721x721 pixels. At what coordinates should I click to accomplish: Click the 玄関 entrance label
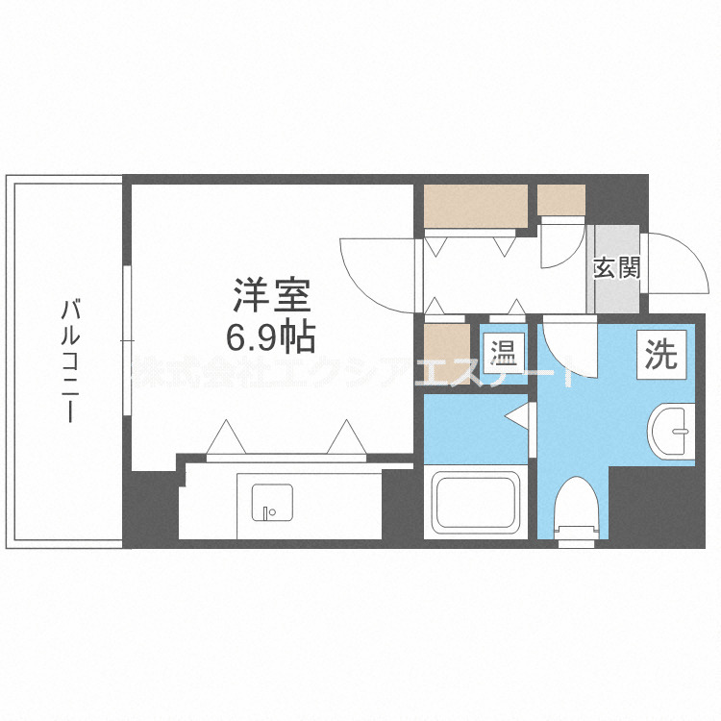pos(616,268)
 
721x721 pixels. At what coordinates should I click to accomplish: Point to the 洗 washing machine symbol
pos(660,355)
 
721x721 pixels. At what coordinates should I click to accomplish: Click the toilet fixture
pos(580,510)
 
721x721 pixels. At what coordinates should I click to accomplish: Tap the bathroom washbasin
pos(672,427)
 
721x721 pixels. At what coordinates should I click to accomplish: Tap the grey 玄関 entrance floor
pos(615,288)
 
